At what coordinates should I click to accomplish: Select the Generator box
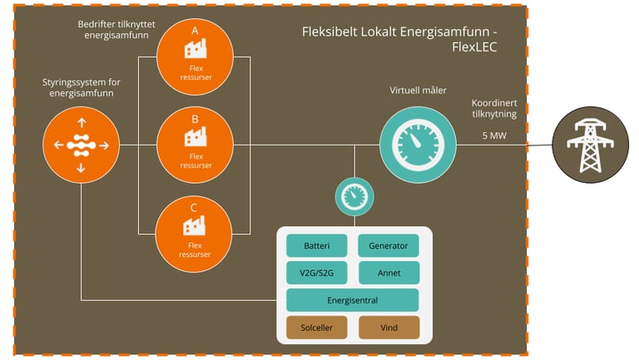pos(389,246)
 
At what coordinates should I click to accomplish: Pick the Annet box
pos(389,273)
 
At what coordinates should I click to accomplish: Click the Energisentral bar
pos(352,300)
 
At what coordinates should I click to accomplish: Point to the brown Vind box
pos(389,328)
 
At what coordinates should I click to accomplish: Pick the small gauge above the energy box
pos(354,197)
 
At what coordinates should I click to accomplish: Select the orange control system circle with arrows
pos(81,145)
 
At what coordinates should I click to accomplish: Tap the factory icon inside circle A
pos(195,49)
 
